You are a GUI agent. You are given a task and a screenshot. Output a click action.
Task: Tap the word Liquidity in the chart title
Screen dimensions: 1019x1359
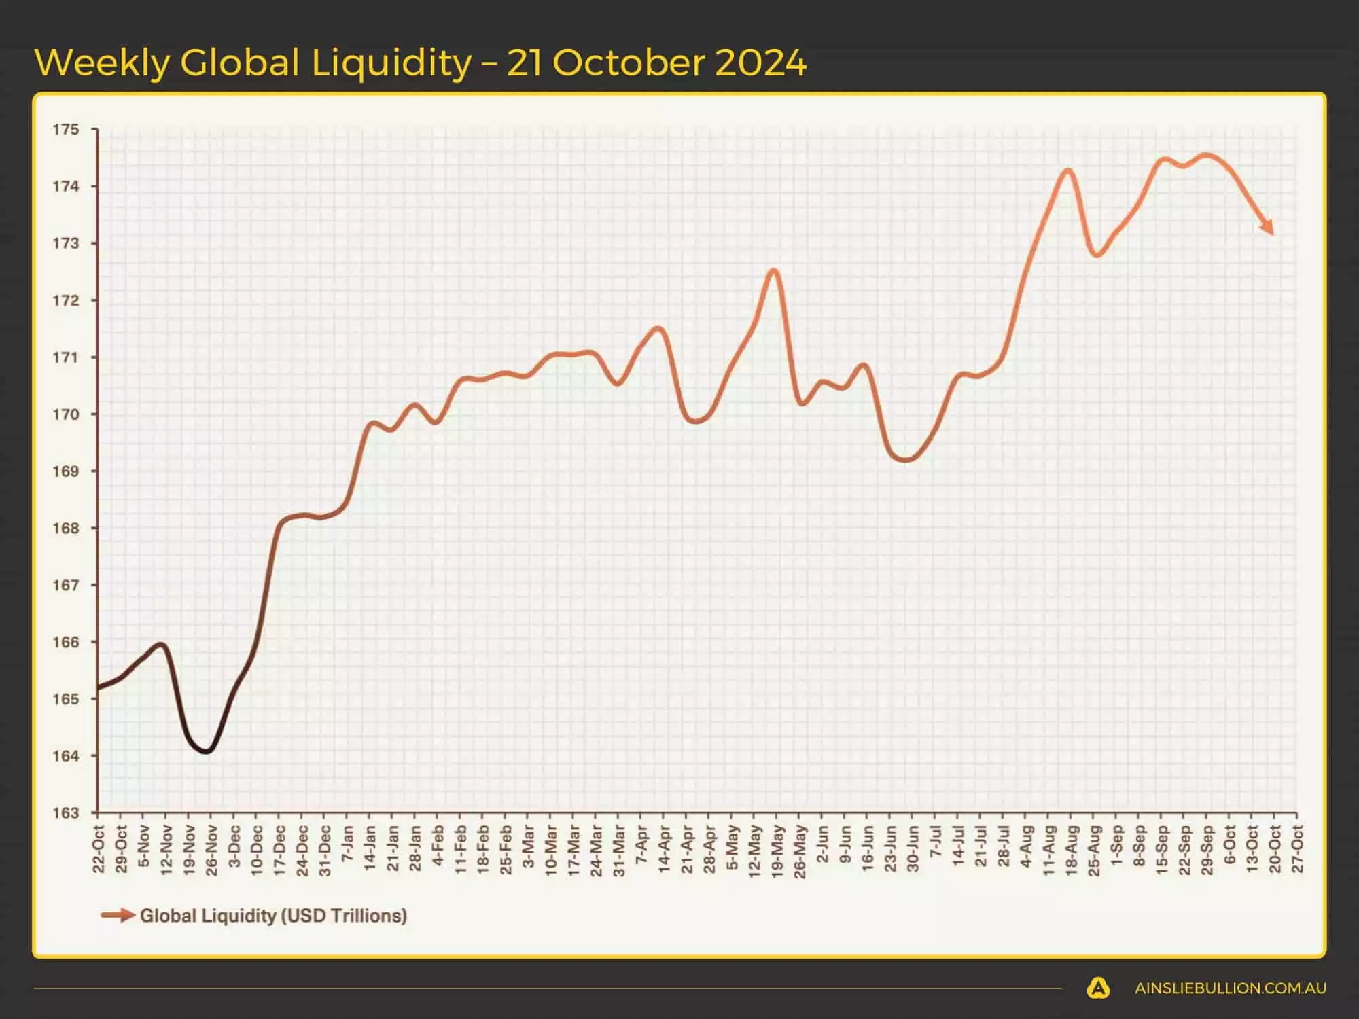(391, 63)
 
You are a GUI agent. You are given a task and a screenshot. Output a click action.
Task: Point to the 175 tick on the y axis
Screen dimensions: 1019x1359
(66, 129)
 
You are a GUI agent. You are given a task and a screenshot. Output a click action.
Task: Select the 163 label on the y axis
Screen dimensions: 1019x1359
(66, 812)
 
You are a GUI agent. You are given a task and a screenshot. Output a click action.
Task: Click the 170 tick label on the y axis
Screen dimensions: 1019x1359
(66, 414)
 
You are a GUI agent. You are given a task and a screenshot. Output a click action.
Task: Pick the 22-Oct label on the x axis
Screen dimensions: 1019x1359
(99, 849)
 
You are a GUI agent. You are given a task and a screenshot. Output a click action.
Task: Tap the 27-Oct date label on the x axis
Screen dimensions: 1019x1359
(1297, 849)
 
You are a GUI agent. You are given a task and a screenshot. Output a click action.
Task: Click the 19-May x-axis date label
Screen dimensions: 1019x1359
(777, 851)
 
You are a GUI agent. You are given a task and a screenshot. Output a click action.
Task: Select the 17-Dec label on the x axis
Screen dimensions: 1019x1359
(279, 851)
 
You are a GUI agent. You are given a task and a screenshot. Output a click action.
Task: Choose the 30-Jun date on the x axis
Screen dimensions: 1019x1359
(913, 849)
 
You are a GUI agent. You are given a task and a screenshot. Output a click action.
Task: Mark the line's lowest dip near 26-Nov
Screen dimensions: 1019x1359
(207, 751)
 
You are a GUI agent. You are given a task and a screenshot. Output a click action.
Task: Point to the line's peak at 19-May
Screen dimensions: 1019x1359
(774, 271)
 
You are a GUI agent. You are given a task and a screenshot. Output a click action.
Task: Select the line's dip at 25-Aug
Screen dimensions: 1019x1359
(1095, 255)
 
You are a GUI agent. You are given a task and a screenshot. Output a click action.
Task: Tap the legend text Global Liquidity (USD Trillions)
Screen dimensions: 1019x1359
(273, 916)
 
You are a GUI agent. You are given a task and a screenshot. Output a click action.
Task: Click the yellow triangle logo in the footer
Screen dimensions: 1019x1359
(1098, 988)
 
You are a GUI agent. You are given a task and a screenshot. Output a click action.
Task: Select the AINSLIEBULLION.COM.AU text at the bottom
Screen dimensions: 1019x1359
(1230, 988)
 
